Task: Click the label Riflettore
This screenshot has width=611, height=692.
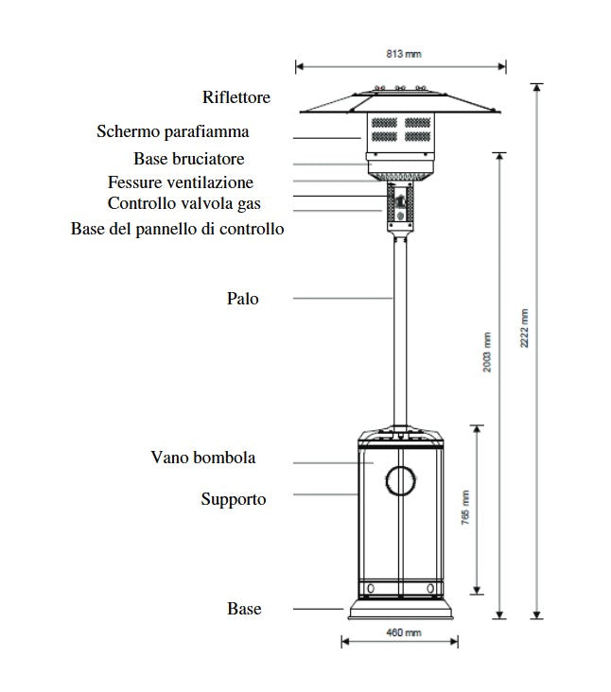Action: click(x=236, y=97)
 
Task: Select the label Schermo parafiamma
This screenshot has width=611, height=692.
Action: click(x=173, y=131)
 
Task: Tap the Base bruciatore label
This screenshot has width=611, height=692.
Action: click(x=189, y=159)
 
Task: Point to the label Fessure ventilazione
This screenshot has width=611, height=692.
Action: click(x=181, y=182)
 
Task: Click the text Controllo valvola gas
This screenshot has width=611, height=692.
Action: click(x=183, y=203)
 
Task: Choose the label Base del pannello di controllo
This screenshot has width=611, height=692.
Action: click(x=177, y=229)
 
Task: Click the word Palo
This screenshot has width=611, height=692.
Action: click(x=242, y=299)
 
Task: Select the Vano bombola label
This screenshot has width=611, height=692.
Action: click(x=203, y=458)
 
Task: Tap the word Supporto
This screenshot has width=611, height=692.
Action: click(x=234, y=498)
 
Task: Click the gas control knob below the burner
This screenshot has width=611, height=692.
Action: click(x=399, y=200)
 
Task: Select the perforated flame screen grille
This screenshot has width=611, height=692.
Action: click(x=399, y=130)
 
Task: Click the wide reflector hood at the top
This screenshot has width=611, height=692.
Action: click(x=401, y=101)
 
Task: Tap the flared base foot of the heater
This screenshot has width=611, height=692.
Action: click(x=400, y=610)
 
